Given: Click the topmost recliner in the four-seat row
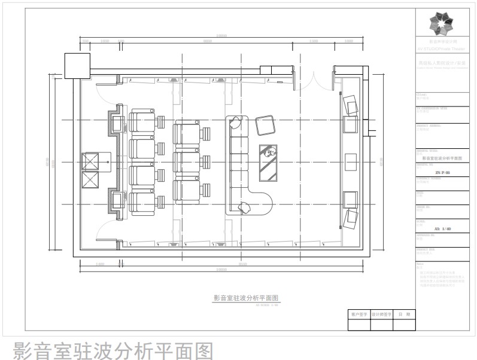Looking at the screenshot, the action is [x=142, y=121].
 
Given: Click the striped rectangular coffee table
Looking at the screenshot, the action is [x=268, y=162].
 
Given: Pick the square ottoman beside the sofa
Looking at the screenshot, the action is [x=265, y=126].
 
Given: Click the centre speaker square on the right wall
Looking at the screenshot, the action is [x=351, y=161].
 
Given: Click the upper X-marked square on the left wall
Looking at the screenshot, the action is [x=90, y=161].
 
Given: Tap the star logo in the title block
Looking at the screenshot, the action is [x=442, y=25].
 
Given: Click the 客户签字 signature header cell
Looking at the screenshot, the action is [x=359, y=313].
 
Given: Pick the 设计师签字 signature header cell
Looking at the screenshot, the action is [x=381, y=313].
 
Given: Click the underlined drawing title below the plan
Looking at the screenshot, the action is [x=246, y=297].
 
